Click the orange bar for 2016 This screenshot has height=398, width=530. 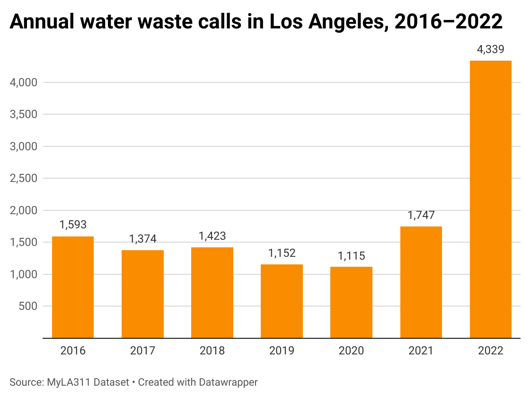(72, 287)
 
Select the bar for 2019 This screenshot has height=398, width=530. (282, 301)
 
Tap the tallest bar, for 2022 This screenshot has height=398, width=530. (490, 199)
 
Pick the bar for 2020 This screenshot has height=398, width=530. (351, 302)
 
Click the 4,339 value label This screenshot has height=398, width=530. (490, 49)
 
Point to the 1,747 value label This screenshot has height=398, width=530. (421, 216)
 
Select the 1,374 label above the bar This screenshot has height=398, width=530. (142, 239)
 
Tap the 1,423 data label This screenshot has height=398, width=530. (212, 236)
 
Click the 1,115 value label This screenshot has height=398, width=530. (351, 256)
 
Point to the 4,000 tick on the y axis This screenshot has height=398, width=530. (24, 83)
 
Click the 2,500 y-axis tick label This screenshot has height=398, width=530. (24, 179)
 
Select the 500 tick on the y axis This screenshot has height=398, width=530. (28, 306)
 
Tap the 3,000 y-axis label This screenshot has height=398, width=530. (24, 147)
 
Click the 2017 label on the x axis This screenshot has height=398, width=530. (142, 351)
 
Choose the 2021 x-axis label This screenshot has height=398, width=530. (421, 351)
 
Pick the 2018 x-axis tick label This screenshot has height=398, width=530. (212, 351)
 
